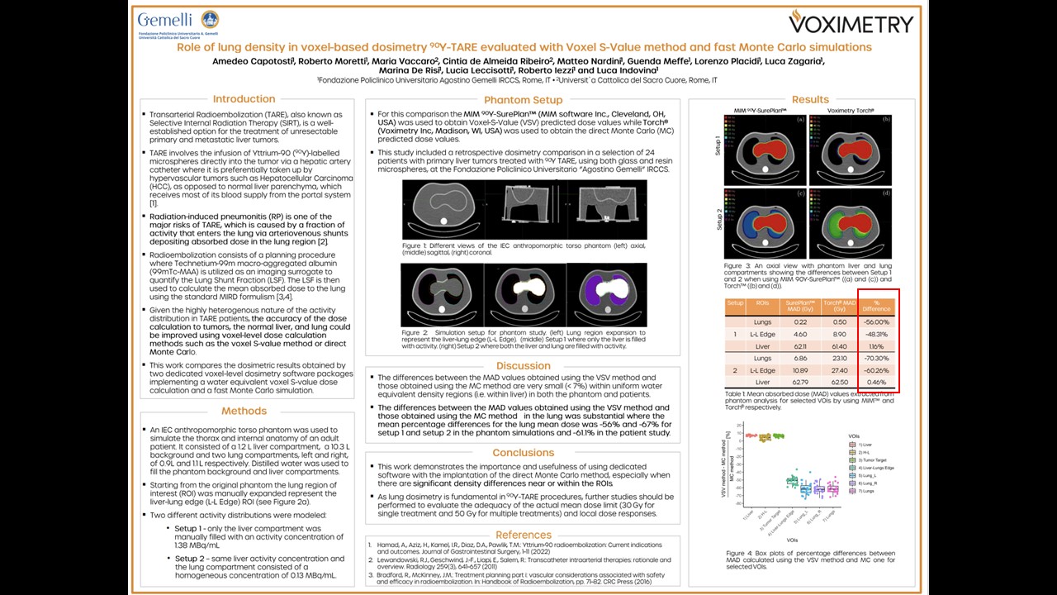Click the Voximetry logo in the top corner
tap(851, 21)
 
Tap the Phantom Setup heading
tap(524, 100)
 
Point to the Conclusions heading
tap(524, 453)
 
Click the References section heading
tap(524, 535)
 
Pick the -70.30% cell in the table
tap(876, 359)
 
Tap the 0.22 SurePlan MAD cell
tap(800, 322)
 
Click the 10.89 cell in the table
tap(800, 371)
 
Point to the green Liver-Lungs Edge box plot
tap(792, 481)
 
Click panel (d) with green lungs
tap(848, 224)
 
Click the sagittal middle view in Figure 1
tap(524, 209)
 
